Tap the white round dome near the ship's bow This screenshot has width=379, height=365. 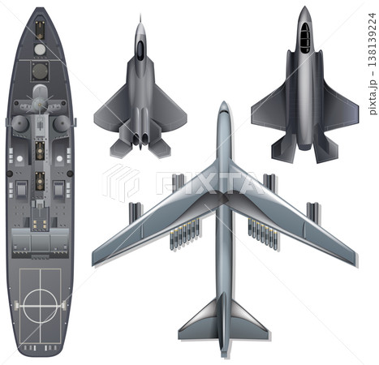click(x=40, y=49)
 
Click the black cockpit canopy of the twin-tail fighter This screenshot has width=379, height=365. click(x=140, y=50)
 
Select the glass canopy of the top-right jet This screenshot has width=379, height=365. click(x=305, y=38)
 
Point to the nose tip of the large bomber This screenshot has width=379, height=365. click(x=224, y=101)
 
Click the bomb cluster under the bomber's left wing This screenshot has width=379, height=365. click(x=184, y=234)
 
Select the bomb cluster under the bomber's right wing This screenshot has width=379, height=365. click(x=263, y=234)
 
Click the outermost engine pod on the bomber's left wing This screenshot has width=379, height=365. click(x=135, y=213)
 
